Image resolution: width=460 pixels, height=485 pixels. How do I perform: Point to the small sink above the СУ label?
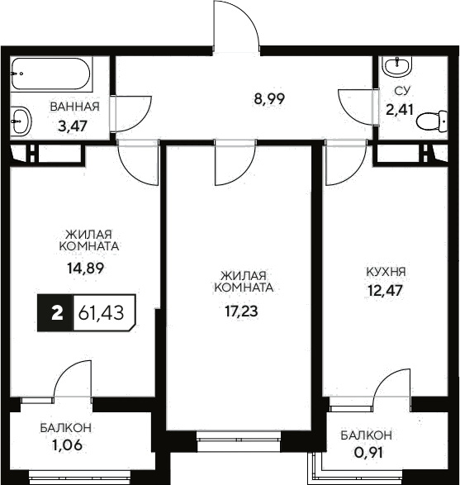click(400, 64)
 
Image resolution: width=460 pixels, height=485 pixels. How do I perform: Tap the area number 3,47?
click(73, 126)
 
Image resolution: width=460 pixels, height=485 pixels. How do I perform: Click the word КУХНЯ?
click(386, 271)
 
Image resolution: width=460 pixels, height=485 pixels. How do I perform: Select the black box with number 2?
click(56, 313)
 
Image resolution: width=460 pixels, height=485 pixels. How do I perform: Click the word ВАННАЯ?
click(74, 107)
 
